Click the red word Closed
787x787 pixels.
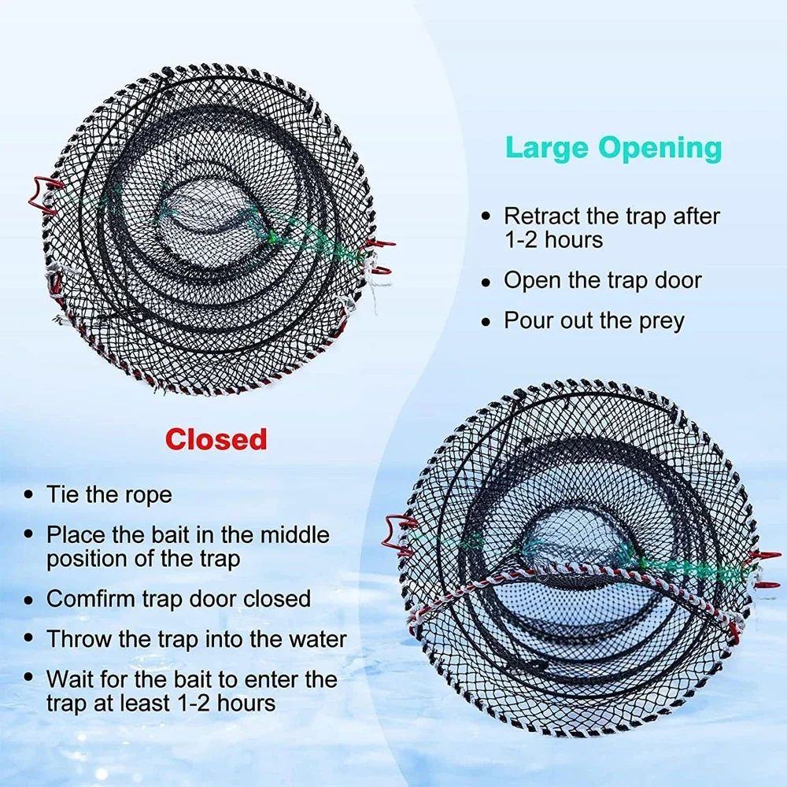point(216,439)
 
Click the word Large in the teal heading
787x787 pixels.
point(546,147)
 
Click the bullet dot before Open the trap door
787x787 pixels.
point(487,281)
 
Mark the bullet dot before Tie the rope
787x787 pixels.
point(29,495)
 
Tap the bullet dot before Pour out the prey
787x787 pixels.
point(487,321)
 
